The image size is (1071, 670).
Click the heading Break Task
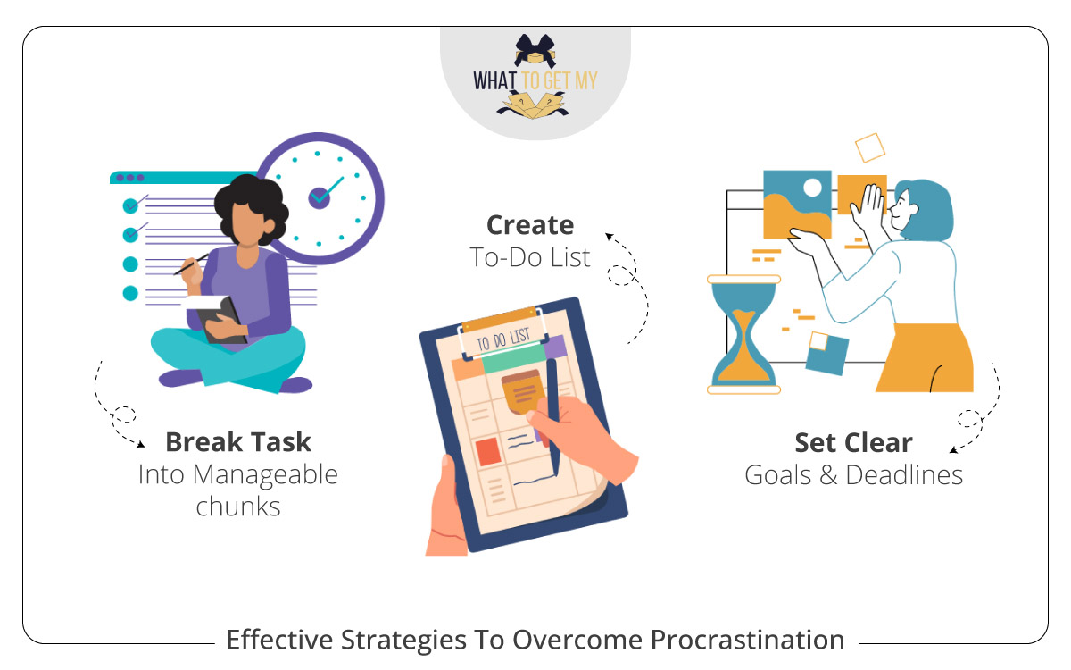click(x=238, y=441)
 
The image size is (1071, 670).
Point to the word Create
click(x=530, y=225)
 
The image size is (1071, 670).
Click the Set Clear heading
click(x=853, y=443)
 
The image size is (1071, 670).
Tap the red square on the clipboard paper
click(x=487, y=452)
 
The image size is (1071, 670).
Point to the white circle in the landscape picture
click(x=813, y=188)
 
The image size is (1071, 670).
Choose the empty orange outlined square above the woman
click(x=868, y=147)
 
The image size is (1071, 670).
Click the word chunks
click(x=238, y=507)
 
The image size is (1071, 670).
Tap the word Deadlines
click(x=904, y=474)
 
